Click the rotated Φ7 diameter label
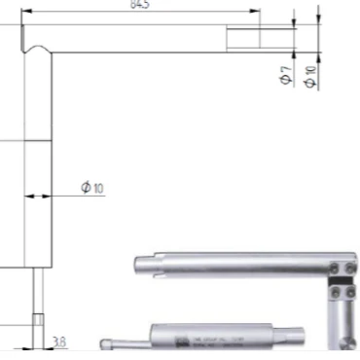[x=285, y=77]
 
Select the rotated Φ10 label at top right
[x=310, y=77]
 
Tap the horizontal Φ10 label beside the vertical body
[x=92, y=186]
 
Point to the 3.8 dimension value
[x=59, y=342]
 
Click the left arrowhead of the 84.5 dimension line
[x=26, y=12]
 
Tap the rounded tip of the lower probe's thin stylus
[x=106, y=343]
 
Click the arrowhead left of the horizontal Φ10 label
[x=30, y=197]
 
